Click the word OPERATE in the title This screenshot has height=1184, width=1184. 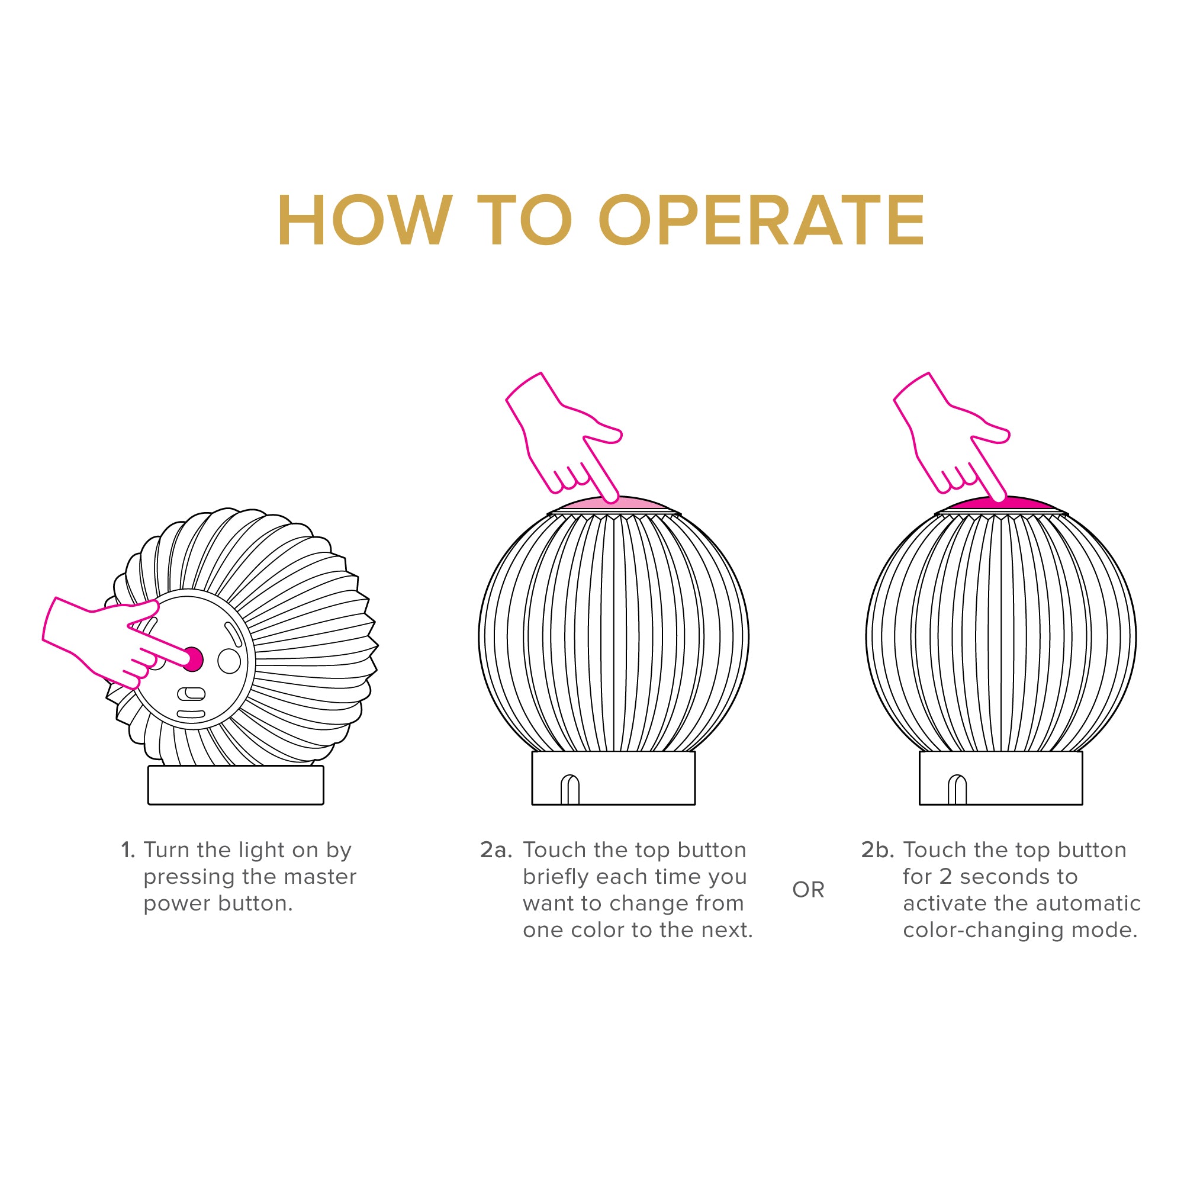coord(762,220)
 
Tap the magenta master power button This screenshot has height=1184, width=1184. coord(193,659)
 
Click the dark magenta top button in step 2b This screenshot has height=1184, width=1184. coord(1000,504)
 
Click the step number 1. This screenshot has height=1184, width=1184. coord(127,851)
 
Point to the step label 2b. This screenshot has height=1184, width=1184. coord(877,851)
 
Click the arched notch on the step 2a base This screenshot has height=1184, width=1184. coord(570,790)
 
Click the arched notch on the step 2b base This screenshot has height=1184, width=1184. coord(957,790)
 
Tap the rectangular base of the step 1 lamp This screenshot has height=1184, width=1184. coord(236,785)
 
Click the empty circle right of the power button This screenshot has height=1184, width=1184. coord(229,661)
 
